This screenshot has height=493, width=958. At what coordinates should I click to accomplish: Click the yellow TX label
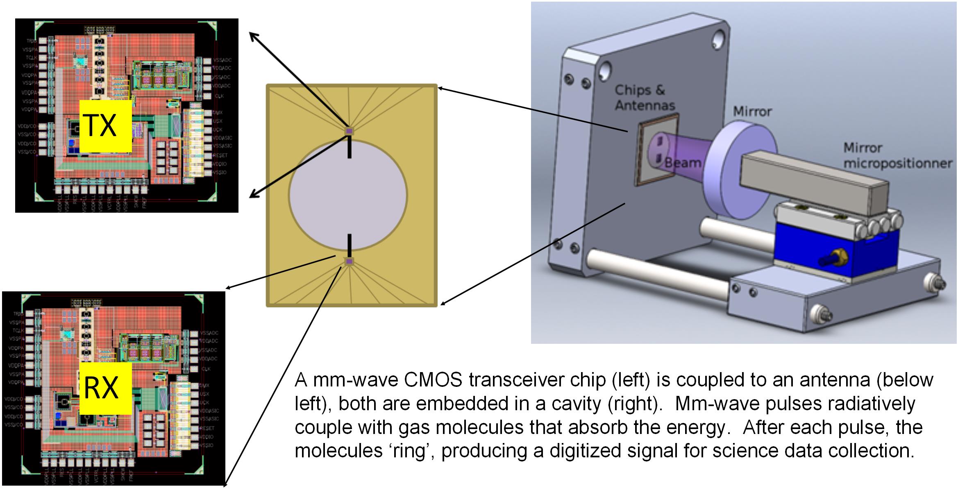[105, 126]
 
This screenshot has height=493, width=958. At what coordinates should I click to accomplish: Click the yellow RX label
[105, 388]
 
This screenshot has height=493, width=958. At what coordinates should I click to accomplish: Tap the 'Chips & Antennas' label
[645, 98]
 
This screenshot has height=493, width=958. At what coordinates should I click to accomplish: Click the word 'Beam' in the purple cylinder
[682, 163]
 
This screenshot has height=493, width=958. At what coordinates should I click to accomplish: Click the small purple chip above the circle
[349, 131]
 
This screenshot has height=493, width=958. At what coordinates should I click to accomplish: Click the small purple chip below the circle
[349, 261]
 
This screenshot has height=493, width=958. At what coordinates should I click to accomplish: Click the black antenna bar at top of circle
[350, 148]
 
